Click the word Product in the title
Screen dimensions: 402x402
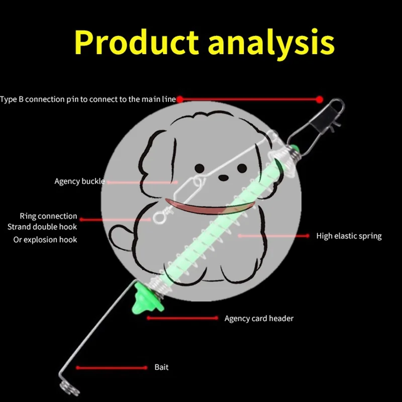point(136,42)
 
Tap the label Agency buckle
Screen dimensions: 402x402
point(80,181)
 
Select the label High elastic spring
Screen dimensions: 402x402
point(349,236)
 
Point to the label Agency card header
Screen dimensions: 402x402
point(259,319)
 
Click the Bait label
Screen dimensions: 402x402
point(161,367)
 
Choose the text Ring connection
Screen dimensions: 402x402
point(48,216)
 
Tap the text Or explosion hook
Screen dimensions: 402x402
point(45,240)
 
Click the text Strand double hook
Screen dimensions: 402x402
point(42,227)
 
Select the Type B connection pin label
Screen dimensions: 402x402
point(88,99)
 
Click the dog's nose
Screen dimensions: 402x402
point(223,177)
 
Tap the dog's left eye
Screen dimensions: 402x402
point(199,168)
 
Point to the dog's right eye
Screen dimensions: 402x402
point(242,168)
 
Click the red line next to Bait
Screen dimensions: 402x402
point(112,368)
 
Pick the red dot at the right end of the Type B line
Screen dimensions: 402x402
point(320,99)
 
